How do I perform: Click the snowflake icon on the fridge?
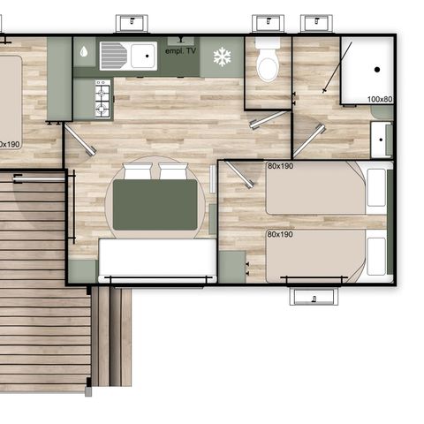(x=222, y=57)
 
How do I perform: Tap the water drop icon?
(x=83, y=51)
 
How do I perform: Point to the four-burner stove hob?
(x=102, y=98)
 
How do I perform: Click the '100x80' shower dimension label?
(x=379, y=98)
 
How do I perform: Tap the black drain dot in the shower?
(x=376, y=68)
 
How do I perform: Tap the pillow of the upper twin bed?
(x=376, y=187)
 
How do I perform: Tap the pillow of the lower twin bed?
(x=376, y=256)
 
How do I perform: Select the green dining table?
(x=159, y=205)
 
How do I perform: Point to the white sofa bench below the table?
(x=157, y=260)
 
